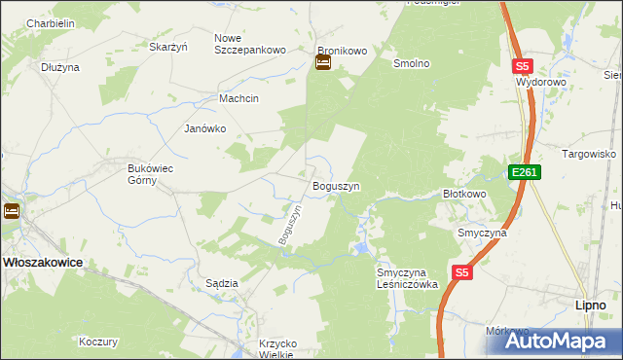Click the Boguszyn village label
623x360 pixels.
336,185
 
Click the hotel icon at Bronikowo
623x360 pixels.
322,64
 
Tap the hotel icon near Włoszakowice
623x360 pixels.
11,210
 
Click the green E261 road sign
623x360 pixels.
524,172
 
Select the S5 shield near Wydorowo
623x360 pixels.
524,66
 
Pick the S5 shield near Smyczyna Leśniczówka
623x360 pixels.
462,274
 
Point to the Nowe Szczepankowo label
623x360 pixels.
249,44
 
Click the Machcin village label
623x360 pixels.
238,98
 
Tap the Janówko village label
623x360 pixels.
205,128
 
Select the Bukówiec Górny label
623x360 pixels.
151,174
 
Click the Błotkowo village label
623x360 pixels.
464,194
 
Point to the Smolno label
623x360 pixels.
411,63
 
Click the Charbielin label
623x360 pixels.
52,22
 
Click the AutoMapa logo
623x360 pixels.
564,341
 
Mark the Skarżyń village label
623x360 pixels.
167,46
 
